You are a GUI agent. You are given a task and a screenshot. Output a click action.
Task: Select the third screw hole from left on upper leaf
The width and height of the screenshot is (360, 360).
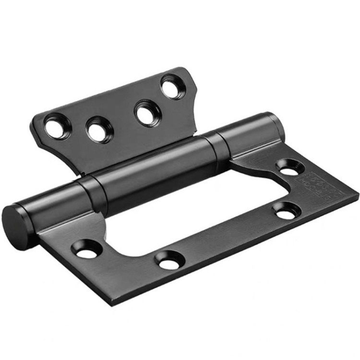pos(147,113)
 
